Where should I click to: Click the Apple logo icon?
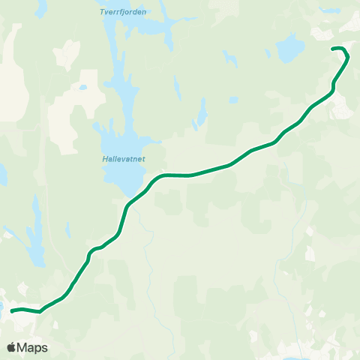(x=12, y=347)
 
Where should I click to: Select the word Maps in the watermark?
(x=33, y=348)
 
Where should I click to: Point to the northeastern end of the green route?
(x=333, y=49)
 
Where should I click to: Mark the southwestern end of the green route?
(x=12, y=310)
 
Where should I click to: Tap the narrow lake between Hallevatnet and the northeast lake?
(x=200, y=114)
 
